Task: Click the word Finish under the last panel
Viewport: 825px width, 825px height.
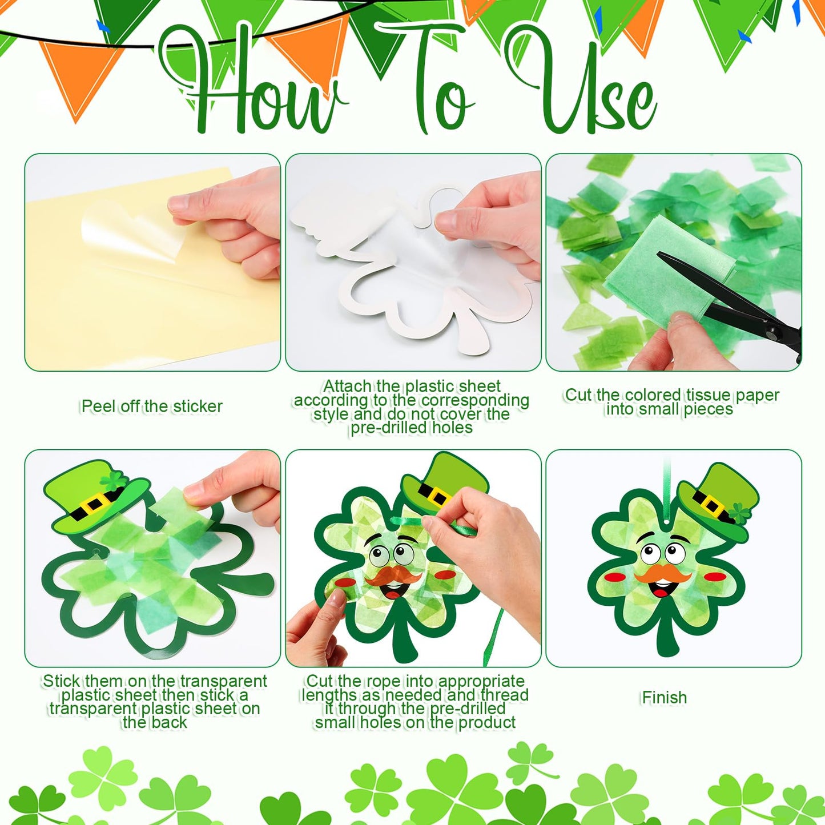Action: (664, 697)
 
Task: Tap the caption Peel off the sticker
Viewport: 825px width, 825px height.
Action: (152, 406)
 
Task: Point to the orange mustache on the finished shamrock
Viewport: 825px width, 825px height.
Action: (662, 573)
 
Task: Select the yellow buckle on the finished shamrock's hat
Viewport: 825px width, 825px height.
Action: (710, 505)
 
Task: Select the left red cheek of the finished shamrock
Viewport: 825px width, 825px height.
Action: (614, 577)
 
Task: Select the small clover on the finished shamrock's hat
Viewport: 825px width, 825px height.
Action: (741, 513)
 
